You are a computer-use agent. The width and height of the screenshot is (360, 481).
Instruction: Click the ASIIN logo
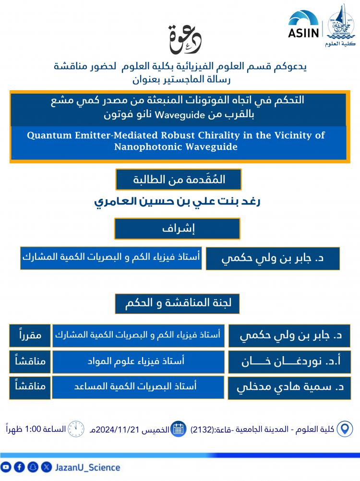[x=303, y=24]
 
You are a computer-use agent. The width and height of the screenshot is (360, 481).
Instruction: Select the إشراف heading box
[x=177, y=228]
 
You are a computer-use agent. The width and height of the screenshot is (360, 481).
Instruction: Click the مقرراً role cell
[x=30, y=336]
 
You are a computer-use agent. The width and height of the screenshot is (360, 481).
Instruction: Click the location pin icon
[x=344, y=429]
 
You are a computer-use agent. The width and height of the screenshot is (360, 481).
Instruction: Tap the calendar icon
[x=179, y=429]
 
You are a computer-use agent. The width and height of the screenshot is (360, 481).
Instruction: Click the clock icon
[x=75, y=428]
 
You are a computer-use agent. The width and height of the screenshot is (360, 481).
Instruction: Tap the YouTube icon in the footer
[x=6, y=467]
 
